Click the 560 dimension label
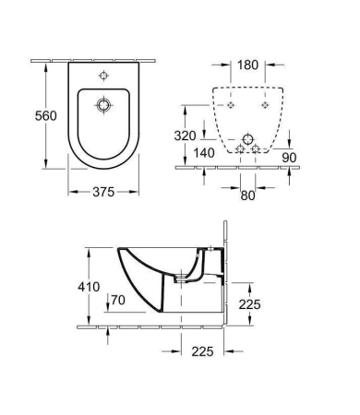click(46, 116)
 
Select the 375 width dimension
click(103, 192)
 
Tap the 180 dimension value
click(247, 65)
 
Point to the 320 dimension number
click(185, 136)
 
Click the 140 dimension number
click(204, 153)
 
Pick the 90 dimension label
click(289, 158)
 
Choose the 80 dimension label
click(247, 196)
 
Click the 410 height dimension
click(89, 287)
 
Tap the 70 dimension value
click(118, 300)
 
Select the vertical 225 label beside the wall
click(250, 304)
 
